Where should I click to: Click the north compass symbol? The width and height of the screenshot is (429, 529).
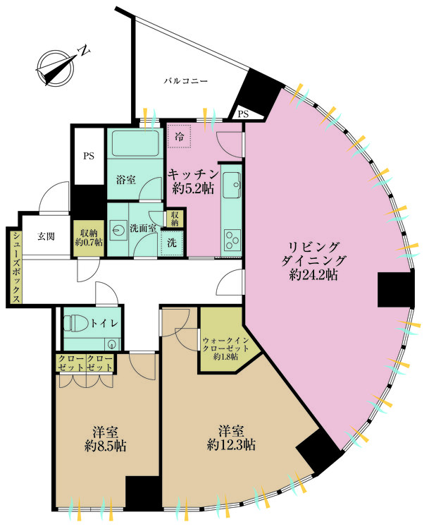(x=56, y=68)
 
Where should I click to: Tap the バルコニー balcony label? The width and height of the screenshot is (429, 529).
(x=186, y=81)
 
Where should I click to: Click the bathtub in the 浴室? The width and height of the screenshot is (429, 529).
(x=135, y=143)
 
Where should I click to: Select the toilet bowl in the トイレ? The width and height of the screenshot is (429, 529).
(x=75, y=323)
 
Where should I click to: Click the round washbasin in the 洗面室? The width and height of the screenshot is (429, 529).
(x=118, y=230)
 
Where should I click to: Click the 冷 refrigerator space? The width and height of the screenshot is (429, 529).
(x=180, y=136)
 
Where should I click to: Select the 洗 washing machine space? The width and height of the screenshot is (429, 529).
(x=172, y=243)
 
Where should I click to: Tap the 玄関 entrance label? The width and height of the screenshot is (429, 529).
(x=46, y=236)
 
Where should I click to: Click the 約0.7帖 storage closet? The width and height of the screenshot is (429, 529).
(x=89, y=238)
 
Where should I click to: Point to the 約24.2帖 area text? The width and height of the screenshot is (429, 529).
(x=313, y=275)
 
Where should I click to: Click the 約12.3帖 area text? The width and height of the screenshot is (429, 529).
(x=231, y=445)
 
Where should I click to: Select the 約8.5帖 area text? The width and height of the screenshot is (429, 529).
(x=105, y=446)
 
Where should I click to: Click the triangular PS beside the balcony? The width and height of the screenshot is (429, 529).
(x=245, y=114)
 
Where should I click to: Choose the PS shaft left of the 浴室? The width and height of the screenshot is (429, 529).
(x=89, y=156)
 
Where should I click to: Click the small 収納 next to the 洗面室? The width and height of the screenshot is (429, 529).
(x=175, y=219)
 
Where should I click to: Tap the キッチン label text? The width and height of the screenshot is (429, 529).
(x=194, y=174)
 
